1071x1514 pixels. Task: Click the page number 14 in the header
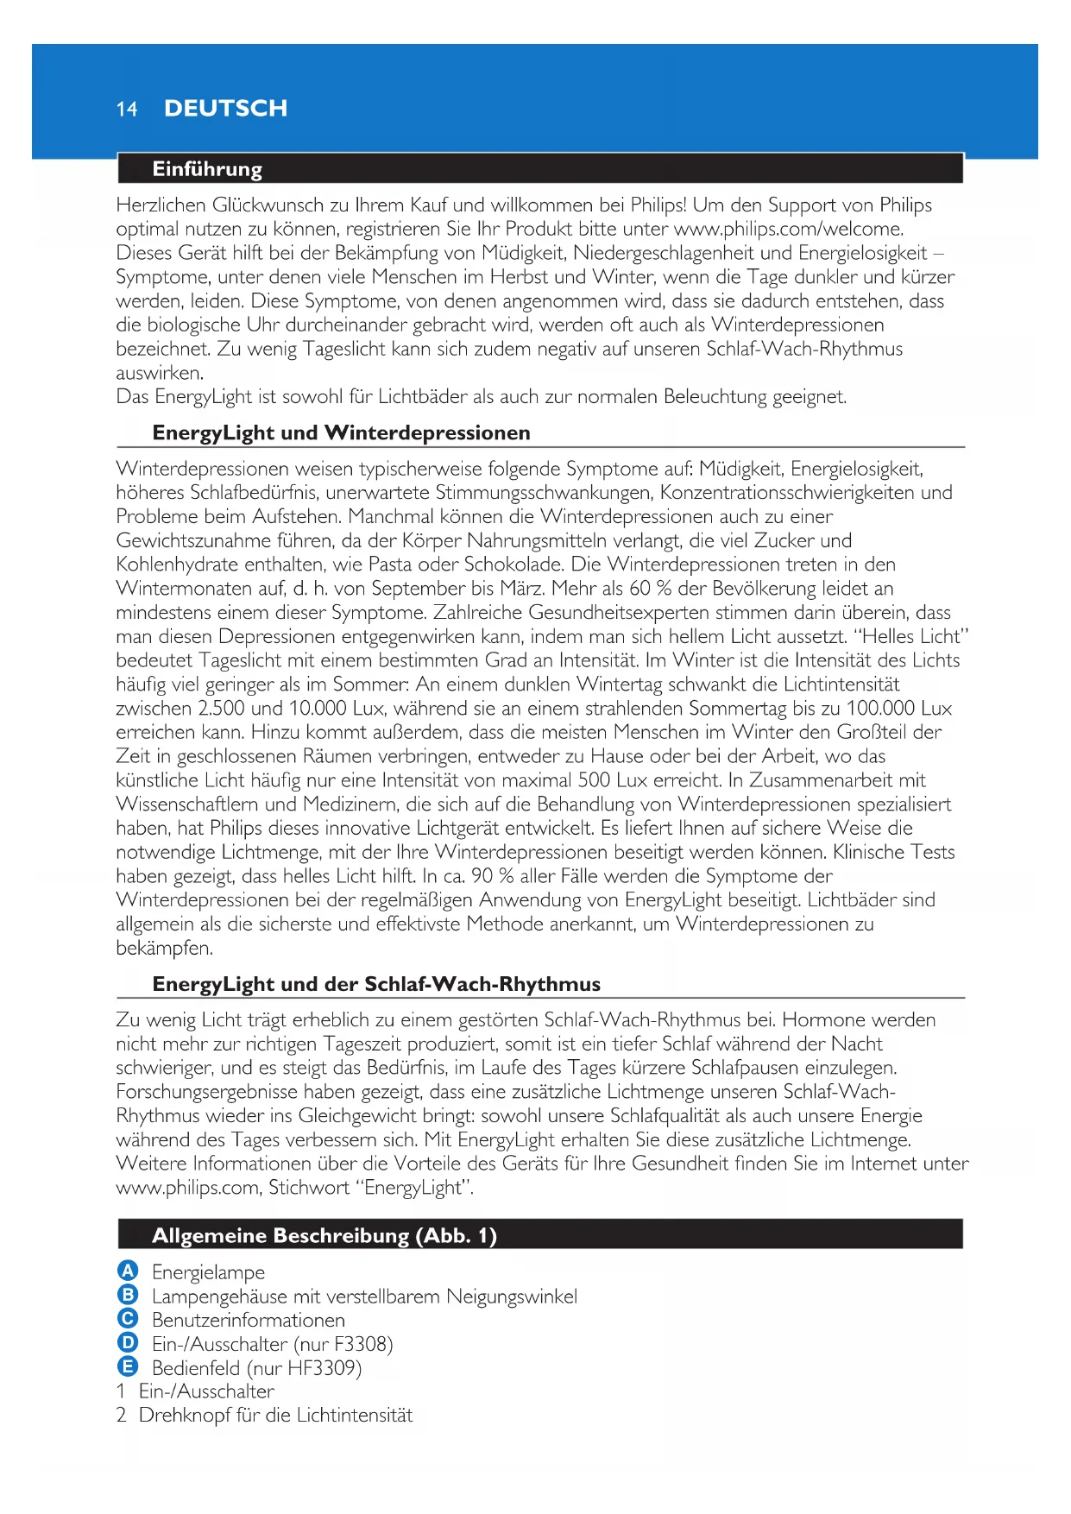(x=127, y=109)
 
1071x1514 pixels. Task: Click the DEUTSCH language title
(x=225, y=109)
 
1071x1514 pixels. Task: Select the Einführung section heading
(x=207, y=169)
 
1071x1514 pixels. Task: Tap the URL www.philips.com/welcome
(x=788, y=229)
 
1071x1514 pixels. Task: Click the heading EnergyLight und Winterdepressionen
(x=341, y=432)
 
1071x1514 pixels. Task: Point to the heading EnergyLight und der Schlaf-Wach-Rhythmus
(x=376, y=984)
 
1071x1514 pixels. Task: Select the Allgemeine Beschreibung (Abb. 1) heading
(x=324, y=1235)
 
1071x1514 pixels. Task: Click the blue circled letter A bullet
(x=128, y=1271)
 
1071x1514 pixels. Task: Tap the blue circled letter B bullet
(x=128, y=1295)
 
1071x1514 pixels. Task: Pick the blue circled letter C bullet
(x=128, y=1319)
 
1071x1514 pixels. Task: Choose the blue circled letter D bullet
(x=128, y=1343)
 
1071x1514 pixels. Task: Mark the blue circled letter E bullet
(x=128, y=1366)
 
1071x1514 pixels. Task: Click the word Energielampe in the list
(x=208, y=1272)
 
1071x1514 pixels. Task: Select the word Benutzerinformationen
(x=249, y=1320)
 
